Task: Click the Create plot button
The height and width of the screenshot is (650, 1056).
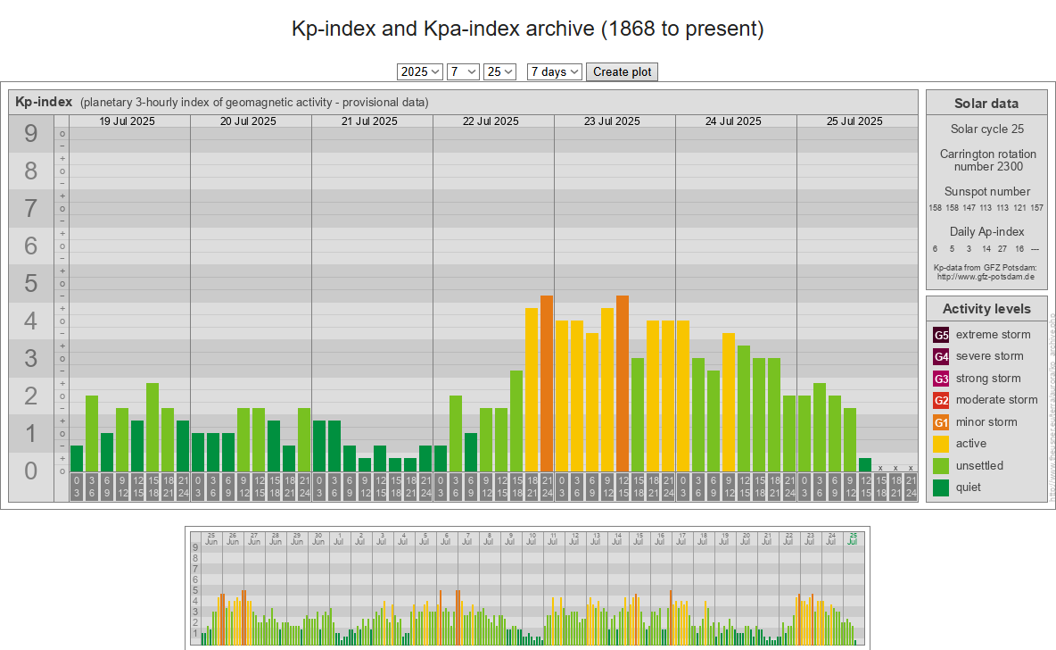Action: coord(622,72)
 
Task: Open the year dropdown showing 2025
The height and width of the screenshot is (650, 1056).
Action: coord(420,72)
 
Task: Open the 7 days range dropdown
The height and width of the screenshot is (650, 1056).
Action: coord(555,72)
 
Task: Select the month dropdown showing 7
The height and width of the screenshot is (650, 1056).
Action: coord(464,72)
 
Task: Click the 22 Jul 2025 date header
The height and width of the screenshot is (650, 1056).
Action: coord(491,121)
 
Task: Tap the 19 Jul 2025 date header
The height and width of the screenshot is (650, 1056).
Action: coord(127,121)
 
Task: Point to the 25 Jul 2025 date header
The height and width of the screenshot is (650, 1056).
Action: coord(854,121)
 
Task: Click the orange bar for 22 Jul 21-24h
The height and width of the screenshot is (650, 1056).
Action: coord(547,383)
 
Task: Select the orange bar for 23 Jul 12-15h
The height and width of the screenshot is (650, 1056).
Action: coord(623,383)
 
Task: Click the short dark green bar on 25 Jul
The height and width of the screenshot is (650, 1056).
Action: coord(865,464)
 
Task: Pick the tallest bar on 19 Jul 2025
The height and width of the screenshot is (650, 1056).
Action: coord(153,427)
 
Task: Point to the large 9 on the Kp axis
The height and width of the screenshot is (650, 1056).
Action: coord(31,134)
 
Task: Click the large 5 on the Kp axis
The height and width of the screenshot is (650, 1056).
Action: coord(31,284)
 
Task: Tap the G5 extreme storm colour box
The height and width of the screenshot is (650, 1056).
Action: coord(941,335)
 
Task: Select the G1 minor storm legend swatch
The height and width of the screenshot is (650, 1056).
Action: coord(941,422)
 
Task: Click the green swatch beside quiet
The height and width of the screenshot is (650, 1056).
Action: coord(941,487)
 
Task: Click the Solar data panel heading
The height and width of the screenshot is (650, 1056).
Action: coord(986,104)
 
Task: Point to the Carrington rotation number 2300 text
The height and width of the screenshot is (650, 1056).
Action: coord(986,160)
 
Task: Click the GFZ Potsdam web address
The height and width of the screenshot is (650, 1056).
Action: coord(986,277)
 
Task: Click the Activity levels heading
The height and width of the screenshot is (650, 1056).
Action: coord(986,309)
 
